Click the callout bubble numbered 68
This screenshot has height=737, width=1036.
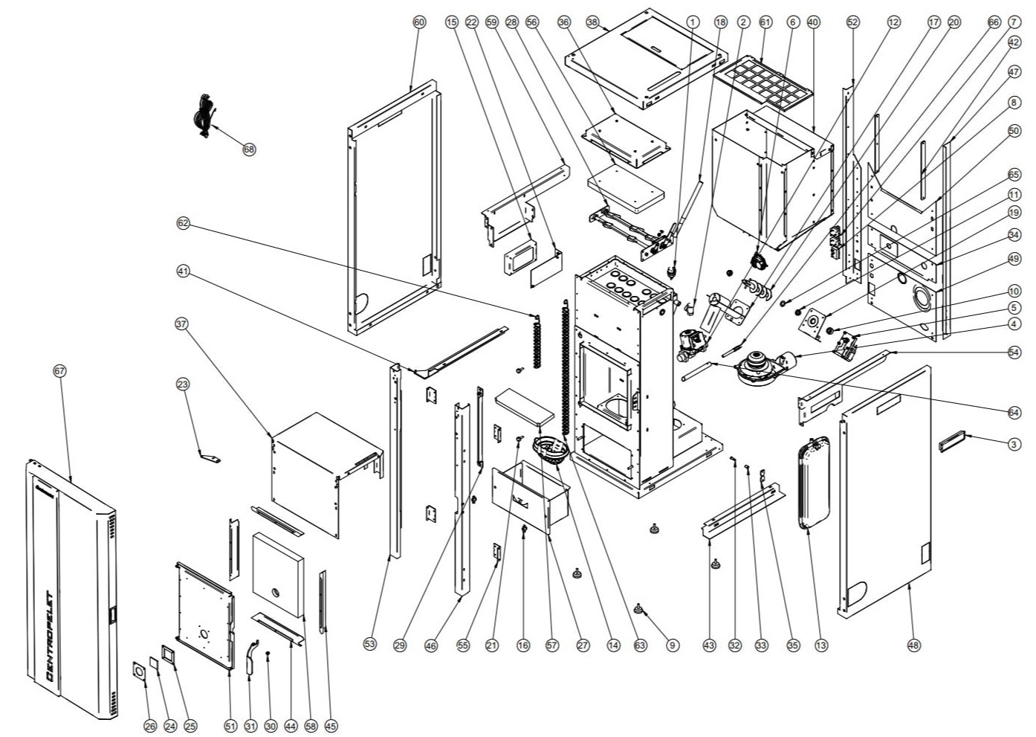click(249, 149)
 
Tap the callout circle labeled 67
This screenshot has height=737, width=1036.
click(60, 370)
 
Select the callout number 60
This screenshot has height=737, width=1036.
click(419, 22)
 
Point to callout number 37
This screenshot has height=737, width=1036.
click(182, 324)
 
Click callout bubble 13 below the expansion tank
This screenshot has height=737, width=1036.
click(820, 645)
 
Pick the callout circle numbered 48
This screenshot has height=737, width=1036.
click(913, 645)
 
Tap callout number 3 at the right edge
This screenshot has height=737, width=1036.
click(1014, 444)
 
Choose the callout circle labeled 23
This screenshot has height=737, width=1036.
click(182, 384)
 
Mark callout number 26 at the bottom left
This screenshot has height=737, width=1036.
click(149, 726)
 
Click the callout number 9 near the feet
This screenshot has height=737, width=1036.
click(672, 645)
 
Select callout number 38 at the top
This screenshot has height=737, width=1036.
click(592, 22)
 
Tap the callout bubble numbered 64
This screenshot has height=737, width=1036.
click(1014, 411)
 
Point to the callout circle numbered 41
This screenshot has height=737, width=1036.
click(184, 271)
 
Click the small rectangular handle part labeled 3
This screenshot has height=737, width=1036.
click(951, 444)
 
